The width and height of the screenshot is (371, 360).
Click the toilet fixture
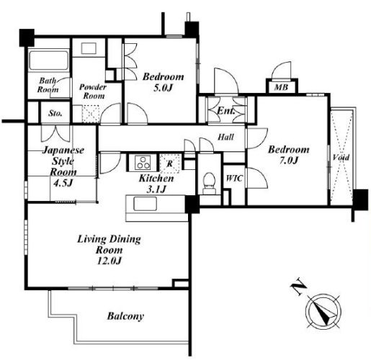pyautogui.click(x=209, y=183)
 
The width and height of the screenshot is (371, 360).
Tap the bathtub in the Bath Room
pyautogui.click(x=48, y=60)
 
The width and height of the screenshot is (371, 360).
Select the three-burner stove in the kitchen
pyautogui.click(x=143, y=163)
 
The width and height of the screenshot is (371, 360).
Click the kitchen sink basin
pyautogui.click(x=145, y=204)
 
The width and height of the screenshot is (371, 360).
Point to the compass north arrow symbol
pyautogui.click(x=323, y=311)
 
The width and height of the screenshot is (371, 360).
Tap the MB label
pyautogui.click(x=281, y=87)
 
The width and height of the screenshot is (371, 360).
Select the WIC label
pyautogui.click(x=234, y=179)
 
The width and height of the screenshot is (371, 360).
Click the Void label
pyautogui.click(x=341, y=158)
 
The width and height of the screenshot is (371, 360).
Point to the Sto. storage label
pyautogui.click(x=55, y=113)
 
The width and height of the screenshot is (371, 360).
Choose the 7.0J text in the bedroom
pyautogui.click(x=288, y=161)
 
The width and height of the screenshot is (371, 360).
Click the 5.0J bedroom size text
pyautogui.click(x=163, y=88)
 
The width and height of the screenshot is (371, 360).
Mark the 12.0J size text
pyautogui.click(x=109, y=261)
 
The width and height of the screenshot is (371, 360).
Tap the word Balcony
pyautogui.click(x=125, y=316)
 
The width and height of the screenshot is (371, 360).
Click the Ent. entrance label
pyautogui.click(x=226, y=111)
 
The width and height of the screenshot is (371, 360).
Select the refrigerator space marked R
pyautogui.click(x=169, y=163)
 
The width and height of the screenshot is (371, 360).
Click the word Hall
pyautogui.click(x=225, y=137)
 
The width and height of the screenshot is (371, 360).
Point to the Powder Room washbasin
pyautogui.click(x=89, y=48)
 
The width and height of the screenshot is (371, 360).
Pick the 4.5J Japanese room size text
pyautogui.click(x=63, y=183)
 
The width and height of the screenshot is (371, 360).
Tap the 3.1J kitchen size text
pyautogui.click(x=156, y=189)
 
